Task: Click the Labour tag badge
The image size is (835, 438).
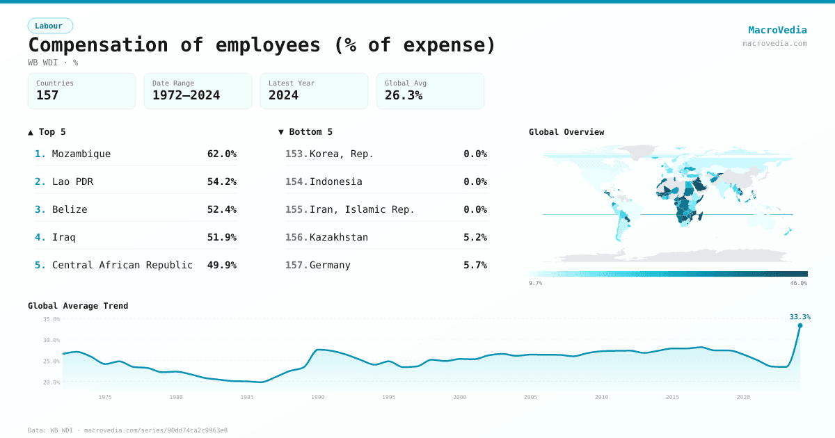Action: point(49,26)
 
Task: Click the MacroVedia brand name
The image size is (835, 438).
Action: point(777,30)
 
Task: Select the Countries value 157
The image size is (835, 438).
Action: point(47,95)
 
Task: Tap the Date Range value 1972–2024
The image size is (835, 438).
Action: point(186,95)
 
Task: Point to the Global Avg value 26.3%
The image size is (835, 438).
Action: point(404,95)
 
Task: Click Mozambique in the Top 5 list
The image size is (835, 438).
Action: point(81,154)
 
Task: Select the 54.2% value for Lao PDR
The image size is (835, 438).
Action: point(221,181)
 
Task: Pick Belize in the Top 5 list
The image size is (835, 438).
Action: point(70,209)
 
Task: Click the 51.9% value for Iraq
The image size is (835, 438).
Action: point(221,237)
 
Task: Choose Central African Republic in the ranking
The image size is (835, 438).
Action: point(122,265)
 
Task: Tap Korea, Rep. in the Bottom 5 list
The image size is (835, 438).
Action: point(342,154)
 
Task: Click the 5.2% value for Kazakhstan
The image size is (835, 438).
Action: point(475,237)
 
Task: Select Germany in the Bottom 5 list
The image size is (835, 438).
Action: point(330,265)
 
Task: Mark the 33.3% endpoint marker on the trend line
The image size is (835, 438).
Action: point(800,325)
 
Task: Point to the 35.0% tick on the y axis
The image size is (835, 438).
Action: point(51,319)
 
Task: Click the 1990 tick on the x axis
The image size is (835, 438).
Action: point(318,397)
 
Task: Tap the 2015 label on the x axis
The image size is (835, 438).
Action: point(673,397)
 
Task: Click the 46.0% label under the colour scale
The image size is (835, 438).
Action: point(799,283)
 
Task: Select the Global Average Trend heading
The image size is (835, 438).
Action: point(78,306)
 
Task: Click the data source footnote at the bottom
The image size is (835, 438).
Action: point(127,430)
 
